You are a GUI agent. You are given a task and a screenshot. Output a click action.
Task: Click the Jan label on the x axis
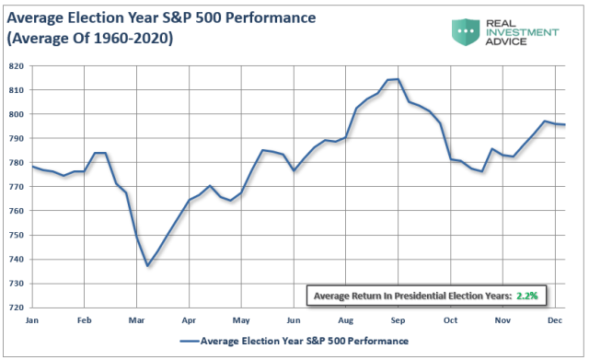(x=31, y=320)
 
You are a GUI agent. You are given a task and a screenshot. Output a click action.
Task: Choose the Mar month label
(x=136, y=320)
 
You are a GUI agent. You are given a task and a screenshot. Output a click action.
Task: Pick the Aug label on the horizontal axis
(x=346, y=320)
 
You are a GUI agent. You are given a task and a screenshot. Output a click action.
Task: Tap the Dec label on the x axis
(x=556, y=320)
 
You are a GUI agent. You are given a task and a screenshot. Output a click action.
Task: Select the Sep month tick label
(x=398, y=320)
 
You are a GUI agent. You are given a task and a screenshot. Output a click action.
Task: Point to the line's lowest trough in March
(x=147, y=266)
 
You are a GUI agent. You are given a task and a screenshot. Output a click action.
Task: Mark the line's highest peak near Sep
(x=397, y=79)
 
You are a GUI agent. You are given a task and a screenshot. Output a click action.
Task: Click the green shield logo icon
(x=468, y=31)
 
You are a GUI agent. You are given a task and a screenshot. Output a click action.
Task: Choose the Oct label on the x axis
(x=451, y=320)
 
